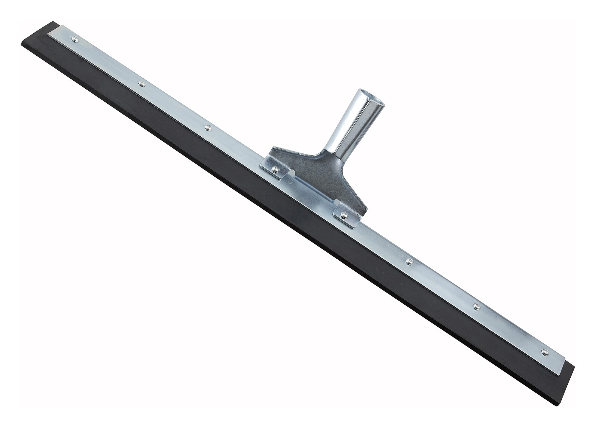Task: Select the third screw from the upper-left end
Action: [208, 127]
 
